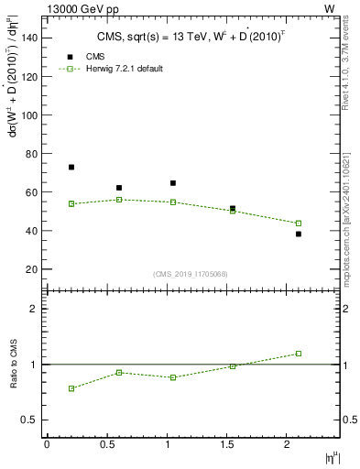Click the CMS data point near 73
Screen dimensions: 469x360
tap(71, 168)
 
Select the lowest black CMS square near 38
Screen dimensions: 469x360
tap(299, 234)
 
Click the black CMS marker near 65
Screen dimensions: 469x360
tap(173, 183)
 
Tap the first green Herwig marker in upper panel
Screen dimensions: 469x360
tap(71, 203)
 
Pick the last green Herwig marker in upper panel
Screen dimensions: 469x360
tap(299, 224)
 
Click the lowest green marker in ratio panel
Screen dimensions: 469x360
tap(71, 388)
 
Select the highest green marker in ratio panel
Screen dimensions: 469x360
tap(299, 354)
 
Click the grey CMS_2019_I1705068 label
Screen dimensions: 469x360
tap(190, 273)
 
